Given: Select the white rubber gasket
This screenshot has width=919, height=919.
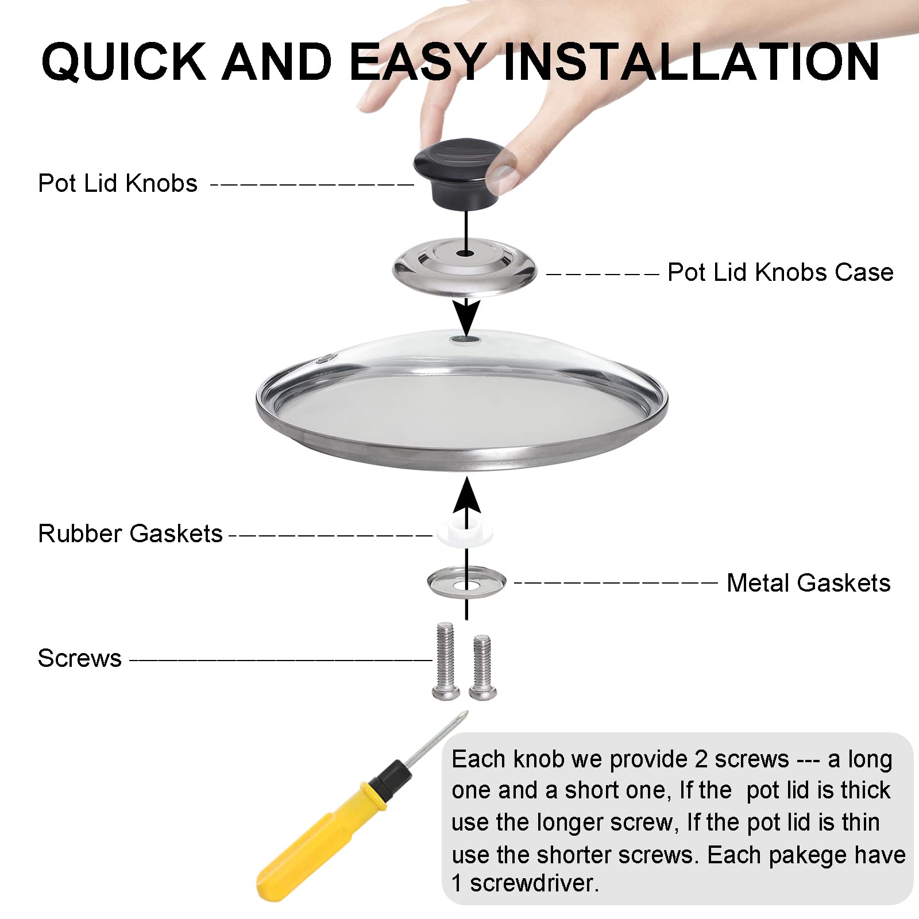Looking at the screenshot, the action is click(x=464, y=532).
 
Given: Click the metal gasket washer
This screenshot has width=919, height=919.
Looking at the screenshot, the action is click(x=466, y=582).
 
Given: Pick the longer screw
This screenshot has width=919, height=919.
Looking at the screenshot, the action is click(x=445, y=661).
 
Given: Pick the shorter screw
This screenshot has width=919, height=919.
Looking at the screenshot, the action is click(x=481, y=666).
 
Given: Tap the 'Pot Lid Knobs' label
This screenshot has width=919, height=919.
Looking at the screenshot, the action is click(x=118, y=183).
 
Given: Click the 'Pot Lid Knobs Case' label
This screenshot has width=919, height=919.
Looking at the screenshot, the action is click(x=781, y=272).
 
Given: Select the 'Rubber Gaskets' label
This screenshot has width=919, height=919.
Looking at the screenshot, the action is click(x=130, y=534).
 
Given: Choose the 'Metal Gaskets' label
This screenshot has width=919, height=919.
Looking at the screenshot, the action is click(x=809, y=583).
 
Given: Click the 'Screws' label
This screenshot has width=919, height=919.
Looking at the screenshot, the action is click(x=79, y=658).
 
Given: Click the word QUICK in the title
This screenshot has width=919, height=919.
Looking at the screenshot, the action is click(x=123, y=62).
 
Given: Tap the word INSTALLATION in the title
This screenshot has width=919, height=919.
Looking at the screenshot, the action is click(x=691, y=61).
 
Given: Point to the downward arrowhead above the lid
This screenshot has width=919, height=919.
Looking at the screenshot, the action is click(x=466, y=316).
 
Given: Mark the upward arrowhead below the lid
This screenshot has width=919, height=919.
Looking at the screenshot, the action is click(x=466, y=495).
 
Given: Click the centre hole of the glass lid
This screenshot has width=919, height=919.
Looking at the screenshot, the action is click(x=466, y=340).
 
